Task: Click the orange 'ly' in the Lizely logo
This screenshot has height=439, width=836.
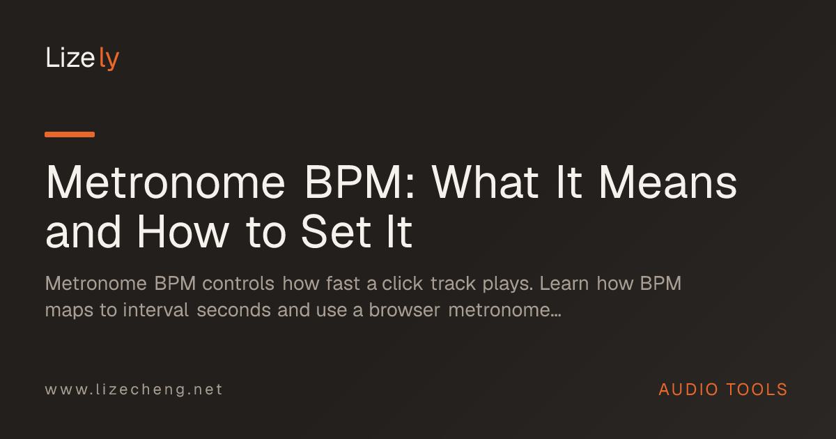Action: tap(109, 59)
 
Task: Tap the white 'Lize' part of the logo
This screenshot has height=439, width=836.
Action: tap(70, 57)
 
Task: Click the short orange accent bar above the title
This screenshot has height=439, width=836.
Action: tap(70, 134)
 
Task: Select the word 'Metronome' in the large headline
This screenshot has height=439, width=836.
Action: tap(165, 183)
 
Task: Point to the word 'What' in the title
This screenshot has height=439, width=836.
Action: tap(485, 182)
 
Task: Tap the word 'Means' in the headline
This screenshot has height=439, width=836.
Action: tap(668, 182)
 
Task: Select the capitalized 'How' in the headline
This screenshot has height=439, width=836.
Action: tap(183, 232)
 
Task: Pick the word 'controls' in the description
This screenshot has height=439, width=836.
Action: tap(238, 284)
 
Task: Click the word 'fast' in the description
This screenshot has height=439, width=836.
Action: tap(343, 284)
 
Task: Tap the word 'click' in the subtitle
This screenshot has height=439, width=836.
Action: tap(403, 284)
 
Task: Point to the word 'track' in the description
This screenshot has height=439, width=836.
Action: tap(453, 284)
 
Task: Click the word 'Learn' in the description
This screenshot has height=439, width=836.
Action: tap(564, 284)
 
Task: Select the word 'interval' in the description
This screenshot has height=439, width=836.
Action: tap(155, 310)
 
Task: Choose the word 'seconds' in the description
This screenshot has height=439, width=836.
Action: tap(233, 310)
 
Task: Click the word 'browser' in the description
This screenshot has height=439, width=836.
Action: tap(405, 310)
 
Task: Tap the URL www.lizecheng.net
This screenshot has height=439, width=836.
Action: tap(134, 390)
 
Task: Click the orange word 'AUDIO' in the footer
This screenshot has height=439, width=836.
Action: tap(688, 390)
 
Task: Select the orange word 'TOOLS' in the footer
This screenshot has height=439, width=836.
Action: tap(757, 390)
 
